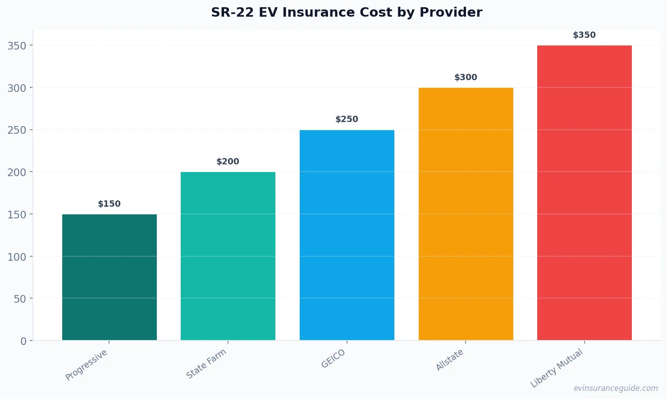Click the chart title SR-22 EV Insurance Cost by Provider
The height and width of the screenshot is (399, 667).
(347, 12)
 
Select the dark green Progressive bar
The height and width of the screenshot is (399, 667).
(110, 277)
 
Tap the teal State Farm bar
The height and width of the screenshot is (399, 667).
(228, 256)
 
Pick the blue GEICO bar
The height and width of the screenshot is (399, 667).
(347, 235)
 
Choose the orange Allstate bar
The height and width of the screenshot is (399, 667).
(466, 214)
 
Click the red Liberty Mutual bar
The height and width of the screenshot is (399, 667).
(585, 193)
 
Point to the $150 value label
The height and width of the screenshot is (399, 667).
(110, 204)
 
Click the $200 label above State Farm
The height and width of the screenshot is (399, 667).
(228, 162)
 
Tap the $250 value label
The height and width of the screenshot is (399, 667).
(347, 119)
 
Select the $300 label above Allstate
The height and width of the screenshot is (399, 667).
(466, 77)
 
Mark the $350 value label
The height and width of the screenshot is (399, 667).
(585, 35)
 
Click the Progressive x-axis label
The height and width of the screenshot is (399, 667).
(87, 365)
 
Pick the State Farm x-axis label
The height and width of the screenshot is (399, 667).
(206, 364)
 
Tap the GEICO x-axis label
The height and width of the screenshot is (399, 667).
(333, 359)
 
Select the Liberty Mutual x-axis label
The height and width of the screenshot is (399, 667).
(557, 368)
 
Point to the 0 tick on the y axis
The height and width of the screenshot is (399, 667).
(23, 341)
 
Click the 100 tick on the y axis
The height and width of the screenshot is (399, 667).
(17, 257)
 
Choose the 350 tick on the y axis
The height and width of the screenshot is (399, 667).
(17, 46)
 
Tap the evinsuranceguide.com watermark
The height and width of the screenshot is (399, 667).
(616, 388)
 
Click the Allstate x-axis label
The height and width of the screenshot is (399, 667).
(449, 360)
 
